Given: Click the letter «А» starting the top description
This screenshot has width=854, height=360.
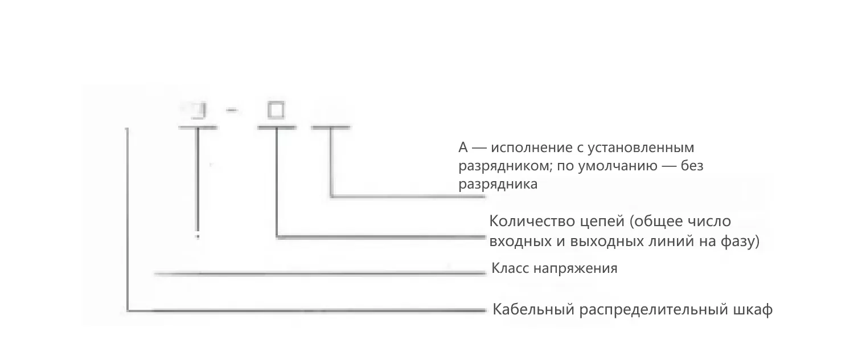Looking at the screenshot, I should [x=463, y=148].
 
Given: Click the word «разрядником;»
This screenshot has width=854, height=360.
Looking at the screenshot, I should [x=499, y=166].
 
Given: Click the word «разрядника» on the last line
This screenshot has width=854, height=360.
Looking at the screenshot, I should [x=498, y=185].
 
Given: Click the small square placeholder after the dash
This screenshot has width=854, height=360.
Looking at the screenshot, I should [x=276, y=111].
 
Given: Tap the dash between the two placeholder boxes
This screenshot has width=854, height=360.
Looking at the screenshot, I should [x=231, y=110].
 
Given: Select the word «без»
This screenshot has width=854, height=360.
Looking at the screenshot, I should [x=694, y=166].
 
